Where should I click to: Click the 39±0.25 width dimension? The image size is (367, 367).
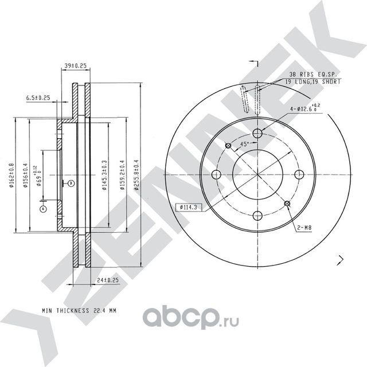75,66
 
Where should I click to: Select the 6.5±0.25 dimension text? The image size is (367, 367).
38,98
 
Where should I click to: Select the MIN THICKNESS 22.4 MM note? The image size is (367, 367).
79,310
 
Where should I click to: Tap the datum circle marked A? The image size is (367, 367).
42,209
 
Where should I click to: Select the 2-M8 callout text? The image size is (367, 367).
303,228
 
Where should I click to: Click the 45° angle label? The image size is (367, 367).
244,145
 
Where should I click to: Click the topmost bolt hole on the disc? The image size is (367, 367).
257,133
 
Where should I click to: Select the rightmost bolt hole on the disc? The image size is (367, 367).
299,174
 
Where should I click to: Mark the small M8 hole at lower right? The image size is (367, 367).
286,203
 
